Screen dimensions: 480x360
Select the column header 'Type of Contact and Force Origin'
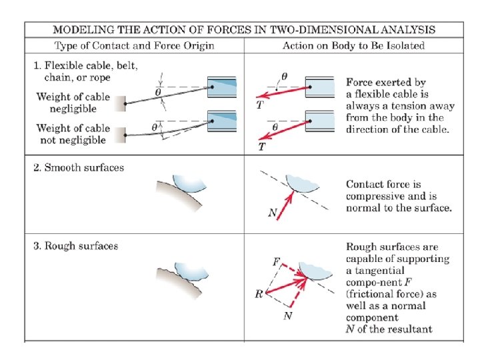[133, 46]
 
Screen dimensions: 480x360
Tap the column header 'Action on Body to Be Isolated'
[353, 46]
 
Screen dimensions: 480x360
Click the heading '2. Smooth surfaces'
[78, 167]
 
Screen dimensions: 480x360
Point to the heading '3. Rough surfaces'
[75, 246]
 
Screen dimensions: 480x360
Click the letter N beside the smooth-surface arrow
[272, 213]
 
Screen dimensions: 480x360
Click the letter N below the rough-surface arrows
[287, 315]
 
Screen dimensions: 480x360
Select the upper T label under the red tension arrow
[260, 104]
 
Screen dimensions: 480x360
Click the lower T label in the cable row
[261, 147]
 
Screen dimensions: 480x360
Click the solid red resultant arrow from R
[287, 285]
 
